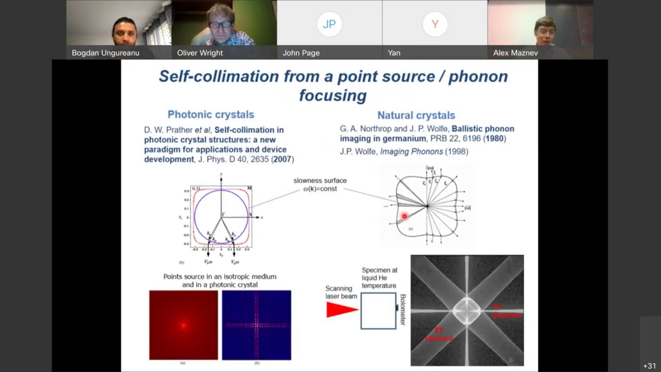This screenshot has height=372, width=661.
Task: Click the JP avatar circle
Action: (329, 24)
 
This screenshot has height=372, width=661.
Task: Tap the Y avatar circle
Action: (435, 24)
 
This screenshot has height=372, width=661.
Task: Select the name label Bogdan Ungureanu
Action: (105, 53)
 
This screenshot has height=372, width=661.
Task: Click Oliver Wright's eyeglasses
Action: (220, 24)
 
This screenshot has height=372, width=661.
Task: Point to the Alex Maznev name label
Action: (515, 53)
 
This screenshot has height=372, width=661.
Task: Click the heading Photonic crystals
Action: (211, 115)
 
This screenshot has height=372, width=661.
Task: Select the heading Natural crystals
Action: (416, 115)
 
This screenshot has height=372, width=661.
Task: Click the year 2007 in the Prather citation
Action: (282, 159)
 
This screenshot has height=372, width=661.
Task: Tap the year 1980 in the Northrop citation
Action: (494, 139)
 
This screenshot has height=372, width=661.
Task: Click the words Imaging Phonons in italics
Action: (411, 152)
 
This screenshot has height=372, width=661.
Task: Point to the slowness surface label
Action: (320, 181)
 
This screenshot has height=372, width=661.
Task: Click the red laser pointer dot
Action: (405, 216)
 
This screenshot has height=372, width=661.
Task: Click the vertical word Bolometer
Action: (403, 309)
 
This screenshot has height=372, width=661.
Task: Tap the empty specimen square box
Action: (378, 311)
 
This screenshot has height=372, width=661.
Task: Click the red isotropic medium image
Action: (183, 325)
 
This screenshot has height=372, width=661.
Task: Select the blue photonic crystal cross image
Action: (256, 325)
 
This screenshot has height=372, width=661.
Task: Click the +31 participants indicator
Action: (649, 366)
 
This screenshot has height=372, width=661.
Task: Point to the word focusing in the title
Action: (333, 96)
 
